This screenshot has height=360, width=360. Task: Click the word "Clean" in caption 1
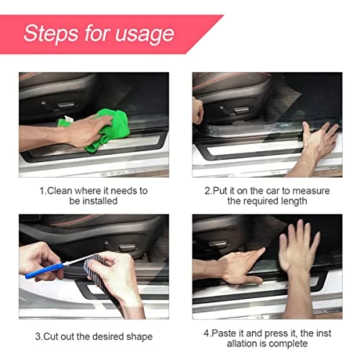63,191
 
